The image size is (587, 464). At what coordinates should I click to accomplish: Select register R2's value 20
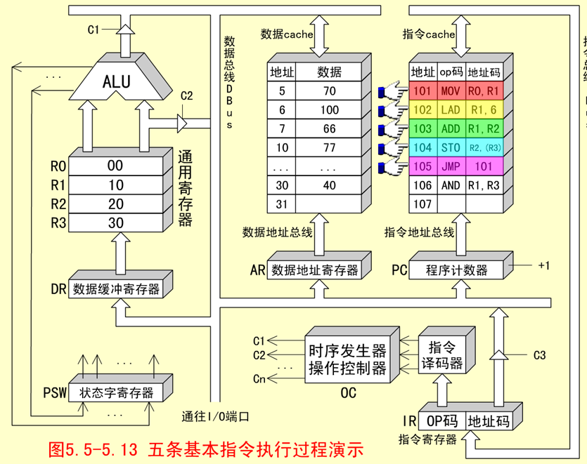pos(115,204)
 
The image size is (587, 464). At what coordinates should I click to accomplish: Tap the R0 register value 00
pos(115,166)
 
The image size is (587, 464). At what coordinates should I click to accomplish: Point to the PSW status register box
pos(116,392)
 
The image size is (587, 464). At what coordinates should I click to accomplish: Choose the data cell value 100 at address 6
pos(329,110)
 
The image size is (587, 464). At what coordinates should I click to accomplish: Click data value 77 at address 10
pos(329,148)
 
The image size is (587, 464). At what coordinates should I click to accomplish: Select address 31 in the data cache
pos(282,204)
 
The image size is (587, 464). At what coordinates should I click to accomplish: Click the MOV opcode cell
pos(451,91)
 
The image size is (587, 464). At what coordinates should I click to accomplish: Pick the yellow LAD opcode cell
pos(451,110)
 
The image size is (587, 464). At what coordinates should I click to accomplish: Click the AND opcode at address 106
pos(451,186)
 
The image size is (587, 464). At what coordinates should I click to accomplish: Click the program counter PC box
pos(456,270)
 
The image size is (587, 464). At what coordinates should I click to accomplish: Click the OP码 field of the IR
pos(441,420)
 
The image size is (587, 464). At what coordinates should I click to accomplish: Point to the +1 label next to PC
pos(543,265)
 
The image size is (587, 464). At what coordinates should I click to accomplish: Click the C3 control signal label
pos(539,355)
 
